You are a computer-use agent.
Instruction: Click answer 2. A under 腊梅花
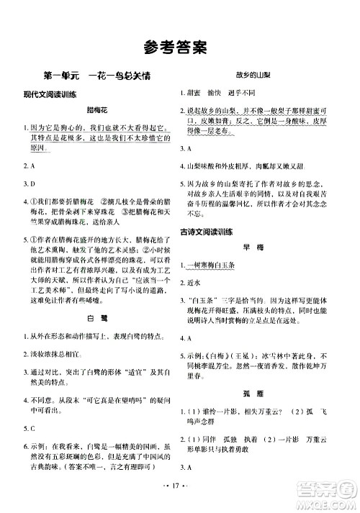[30, 165]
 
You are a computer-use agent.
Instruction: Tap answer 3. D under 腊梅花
[30, 184]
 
